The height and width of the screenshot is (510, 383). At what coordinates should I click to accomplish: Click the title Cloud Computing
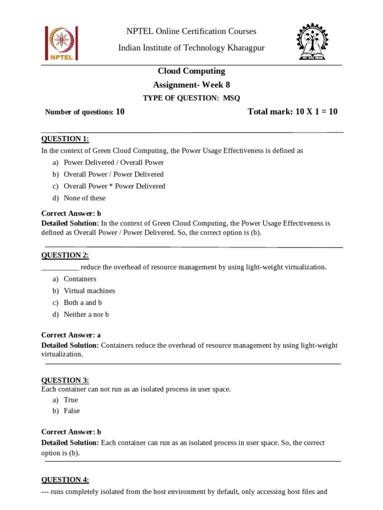pos(191,71)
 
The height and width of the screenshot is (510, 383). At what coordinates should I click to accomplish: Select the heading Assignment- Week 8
pos(191,85)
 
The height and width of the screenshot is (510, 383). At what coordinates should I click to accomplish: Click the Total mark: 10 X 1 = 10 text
pos(292,112)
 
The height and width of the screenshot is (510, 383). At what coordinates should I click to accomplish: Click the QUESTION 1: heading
pos(65,138)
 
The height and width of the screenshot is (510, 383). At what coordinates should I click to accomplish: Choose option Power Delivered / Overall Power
pos(113,162)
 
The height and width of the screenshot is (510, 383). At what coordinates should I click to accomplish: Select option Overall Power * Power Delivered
pos(114,186)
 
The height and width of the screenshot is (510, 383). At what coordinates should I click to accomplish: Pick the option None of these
pos(85,198)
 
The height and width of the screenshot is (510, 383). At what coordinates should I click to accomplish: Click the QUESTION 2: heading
pos(65,255)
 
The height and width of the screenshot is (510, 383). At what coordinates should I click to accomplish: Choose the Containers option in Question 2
pos(80,279)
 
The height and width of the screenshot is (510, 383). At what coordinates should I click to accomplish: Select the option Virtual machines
pos(89,291)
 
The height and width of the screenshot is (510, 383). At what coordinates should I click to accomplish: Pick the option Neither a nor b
pos(86,315)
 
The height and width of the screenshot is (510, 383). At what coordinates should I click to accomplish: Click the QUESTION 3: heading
pos(65,381)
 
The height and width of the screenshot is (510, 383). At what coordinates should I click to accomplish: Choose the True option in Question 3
pos(71,400)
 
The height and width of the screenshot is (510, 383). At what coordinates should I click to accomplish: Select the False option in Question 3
pos(72,411)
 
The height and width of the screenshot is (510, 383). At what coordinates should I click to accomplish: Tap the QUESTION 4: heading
pos(65,480)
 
